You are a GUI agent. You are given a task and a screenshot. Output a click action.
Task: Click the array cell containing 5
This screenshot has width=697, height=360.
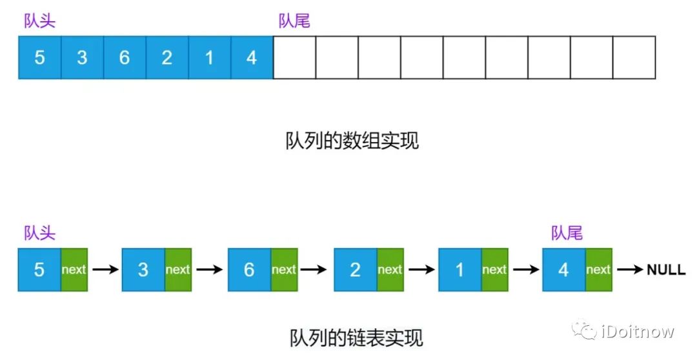pos(40,58)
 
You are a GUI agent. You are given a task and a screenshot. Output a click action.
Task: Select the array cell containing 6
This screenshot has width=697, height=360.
pos(125,58)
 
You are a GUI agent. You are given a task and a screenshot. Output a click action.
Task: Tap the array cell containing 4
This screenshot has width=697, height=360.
pos(252,58)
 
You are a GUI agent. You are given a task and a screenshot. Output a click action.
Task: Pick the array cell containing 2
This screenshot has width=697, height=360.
pos(167,58)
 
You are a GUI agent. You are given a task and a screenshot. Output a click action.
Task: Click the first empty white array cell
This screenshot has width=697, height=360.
pos(294,58)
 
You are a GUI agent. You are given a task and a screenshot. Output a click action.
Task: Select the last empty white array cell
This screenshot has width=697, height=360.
pos(634,58)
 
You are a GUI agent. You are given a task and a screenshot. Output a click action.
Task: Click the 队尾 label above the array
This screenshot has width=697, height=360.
pos(294,21)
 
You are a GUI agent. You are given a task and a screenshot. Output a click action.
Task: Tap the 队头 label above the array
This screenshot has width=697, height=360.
pos(40,21)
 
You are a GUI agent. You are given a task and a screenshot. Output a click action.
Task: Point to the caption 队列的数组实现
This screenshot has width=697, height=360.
pos(352,141)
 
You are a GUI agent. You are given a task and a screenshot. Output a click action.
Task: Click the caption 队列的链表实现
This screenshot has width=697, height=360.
pos(356,337)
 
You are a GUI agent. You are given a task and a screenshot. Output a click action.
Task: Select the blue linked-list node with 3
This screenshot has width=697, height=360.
pos(143,270)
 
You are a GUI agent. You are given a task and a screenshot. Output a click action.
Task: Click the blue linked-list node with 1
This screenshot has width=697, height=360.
pos(460,270)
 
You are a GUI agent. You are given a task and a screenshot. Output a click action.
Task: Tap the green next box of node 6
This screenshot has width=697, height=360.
pos(284,270)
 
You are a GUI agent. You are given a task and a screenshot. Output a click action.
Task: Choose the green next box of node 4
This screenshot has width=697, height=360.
pos(598,270)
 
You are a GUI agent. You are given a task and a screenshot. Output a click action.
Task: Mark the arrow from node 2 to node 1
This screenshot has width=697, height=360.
pos(421,270)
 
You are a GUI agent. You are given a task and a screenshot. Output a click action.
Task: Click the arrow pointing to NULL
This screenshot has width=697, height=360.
pos(630,270)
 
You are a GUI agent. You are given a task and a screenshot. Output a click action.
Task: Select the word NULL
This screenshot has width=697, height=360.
pos(666,270)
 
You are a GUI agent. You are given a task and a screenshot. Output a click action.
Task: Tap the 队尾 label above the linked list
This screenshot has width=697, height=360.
pos(567,233)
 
